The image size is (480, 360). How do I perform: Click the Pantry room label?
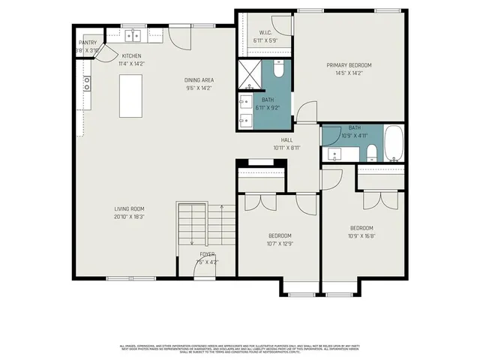click(x=88, y=43)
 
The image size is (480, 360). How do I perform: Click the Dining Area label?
click(x=199, y=79)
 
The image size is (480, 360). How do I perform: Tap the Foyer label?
click(x=207, y=255)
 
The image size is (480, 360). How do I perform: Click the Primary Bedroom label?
click(x=349, y=65)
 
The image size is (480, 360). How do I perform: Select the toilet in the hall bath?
click(x=371, y=153)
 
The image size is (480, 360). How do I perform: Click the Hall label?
click(x=286, y=140)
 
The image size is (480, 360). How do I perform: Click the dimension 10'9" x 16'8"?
click(x=361, y=235)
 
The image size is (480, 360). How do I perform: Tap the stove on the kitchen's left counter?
click(x=87, y=84)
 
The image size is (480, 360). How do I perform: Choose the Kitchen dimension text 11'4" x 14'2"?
click(x=132, y=64)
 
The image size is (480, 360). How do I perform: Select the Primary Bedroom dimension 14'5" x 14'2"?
click(x=349, y=73)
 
